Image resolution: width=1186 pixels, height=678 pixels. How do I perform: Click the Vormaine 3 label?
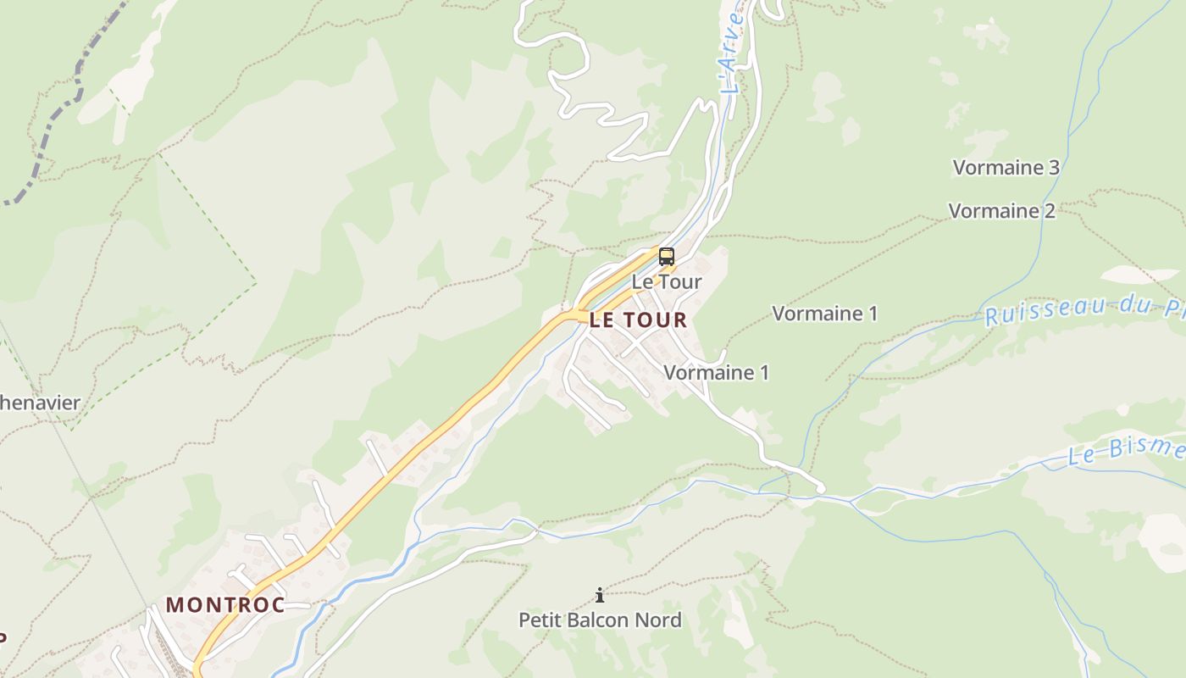coord(1006,168)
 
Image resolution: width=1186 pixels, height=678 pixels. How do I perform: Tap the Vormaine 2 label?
coord(1001,211)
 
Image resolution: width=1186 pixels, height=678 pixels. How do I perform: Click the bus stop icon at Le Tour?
coord(667,257)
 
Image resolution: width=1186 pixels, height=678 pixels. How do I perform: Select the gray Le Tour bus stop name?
coord(667,282)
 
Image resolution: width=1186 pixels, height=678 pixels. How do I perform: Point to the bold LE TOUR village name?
coord(638,320)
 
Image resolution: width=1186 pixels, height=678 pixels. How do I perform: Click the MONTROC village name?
coord(225,605)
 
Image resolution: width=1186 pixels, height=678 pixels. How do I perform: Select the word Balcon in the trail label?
coord(603,620)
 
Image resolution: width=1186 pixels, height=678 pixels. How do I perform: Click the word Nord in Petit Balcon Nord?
coord(661,620)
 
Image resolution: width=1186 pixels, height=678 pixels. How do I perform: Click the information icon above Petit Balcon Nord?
coord(600,595)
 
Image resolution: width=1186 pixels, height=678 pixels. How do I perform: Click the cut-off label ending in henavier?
coord(39,403)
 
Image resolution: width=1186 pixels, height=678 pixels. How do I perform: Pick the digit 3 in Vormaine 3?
coord(1054,168)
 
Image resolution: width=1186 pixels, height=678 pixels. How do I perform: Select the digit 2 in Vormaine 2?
coord(1050,211)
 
